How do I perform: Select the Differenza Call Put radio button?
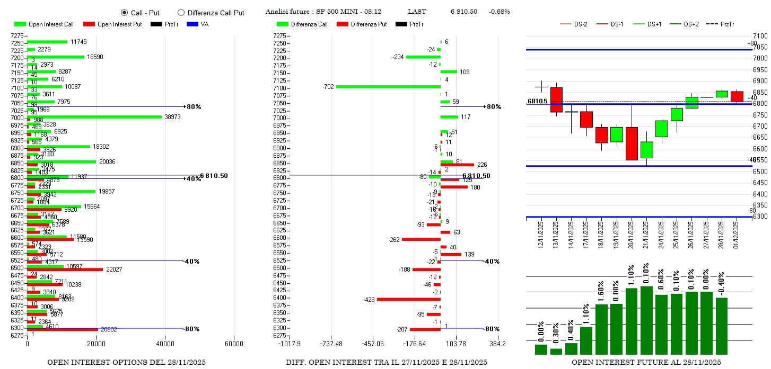(x=181, y=12)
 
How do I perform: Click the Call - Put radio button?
(x=124, y=12)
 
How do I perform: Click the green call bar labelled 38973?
(x=94, y=116)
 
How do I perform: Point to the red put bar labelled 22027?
(x=65, y=269)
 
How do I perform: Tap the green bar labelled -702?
(x=388, y=86)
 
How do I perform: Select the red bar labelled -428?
(x=408, y=299)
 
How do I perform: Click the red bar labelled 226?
(x=457, y=165)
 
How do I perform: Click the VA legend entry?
(x=198, y=24)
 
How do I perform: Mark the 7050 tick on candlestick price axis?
(x=760, y=47)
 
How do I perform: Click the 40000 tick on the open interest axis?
(x=164, y=344)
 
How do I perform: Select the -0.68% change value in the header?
(x=499, y=12)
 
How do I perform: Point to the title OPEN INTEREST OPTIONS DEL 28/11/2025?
(x=126, y=363)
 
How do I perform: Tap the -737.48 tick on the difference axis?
(x=331, y=344)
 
